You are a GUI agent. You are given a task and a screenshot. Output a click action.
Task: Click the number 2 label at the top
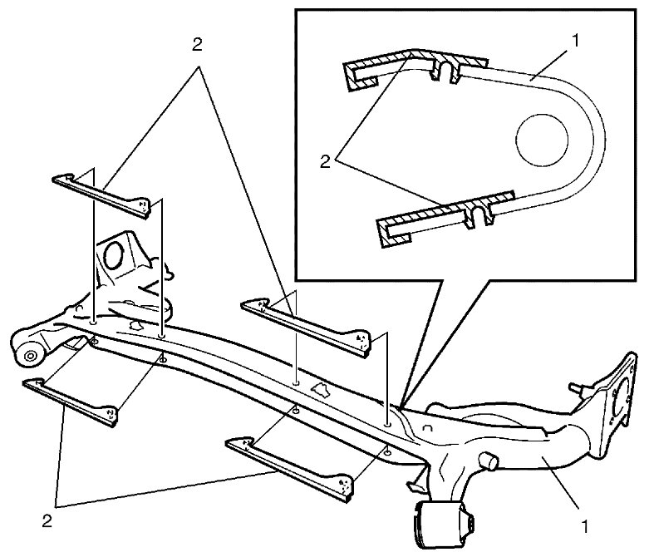(x=198, y=45)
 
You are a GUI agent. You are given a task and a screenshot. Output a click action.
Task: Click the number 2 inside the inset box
(x=325, y=161)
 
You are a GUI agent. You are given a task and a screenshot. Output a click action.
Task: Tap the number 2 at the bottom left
(x=47, y=521)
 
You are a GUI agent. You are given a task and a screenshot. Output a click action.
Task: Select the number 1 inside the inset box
(x=575, y=41)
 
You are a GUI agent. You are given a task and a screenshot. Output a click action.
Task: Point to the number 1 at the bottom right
(x=584, y=527)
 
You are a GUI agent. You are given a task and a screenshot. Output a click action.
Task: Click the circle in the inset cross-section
(x=542, y=140)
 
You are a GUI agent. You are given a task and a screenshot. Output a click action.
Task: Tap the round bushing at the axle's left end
(x=29, y=355)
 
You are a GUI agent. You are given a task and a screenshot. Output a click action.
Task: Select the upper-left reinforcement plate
(x=101, y=196)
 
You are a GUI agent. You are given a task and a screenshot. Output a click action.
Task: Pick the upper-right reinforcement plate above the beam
(x=306, y=327)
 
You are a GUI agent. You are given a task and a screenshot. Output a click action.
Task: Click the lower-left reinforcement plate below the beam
(x=71, y=402)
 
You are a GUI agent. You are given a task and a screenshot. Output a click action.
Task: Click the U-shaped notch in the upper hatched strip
(x=445, y=71)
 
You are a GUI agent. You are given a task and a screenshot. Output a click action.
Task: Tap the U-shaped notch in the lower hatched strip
(x=479, y=214)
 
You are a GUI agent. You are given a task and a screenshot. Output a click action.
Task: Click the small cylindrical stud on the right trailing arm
(x=488, y=461)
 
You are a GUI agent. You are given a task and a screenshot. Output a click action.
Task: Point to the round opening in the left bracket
(x=113, y=254)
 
